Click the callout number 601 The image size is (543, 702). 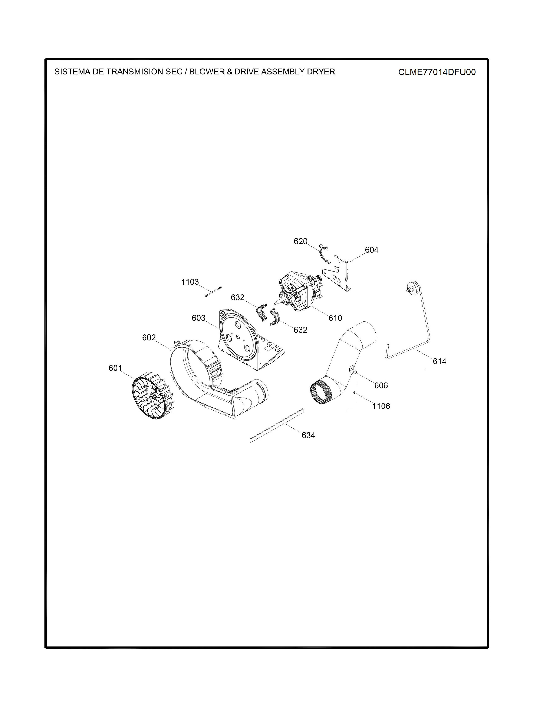tap(115, 368)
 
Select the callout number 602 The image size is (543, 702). tap(149, 338)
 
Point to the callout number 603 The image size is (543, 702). tap(198, 318)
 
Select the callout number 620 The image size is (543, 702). tap(300, 241)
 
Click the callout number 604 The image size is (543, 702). tap(372, 250)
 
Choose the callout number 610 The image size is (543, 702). tap(335, 318)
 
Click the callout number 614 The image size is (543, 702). tap(440, 361)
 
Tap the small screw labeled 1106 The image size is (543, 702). tap(354, 393)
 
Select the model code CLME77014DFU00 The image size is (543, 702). tap(437, 72)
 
